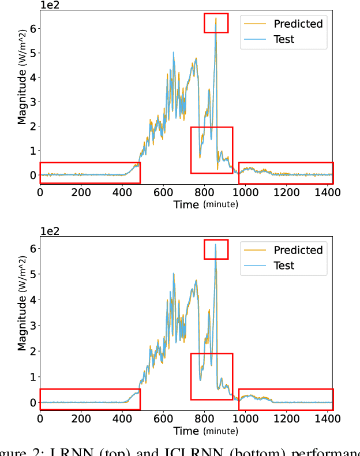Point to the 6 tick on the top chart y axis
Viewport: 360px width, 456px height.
click(x=32, y=28)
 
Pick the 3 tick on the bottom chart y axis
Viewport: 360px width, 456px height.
click(x=32, y=326)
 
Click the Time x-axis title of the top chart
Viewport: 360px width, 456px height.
click(x=186, y=204)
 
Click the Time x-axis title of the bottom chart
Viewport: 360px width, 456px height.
click(x=186, y=431)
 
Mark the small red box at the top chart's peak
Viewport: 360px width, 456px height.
click(x=216, y=23)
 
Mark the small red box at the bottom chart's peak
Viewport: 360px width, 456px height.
click(x=216, y=249)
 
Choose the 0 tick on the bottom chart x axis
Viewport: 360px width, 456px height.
click(x=40, y=418)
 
